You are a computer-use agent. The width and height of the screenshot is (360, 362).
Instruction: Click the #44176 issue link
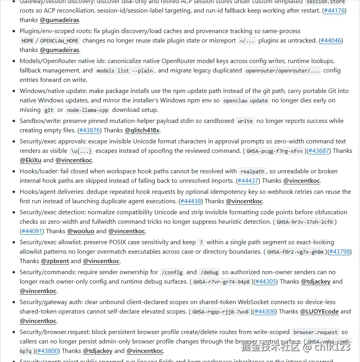pyautogui.click(x=334, y=11)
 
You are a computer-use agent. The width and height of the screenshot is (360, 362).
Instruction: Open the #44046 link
pyautogui.click(x=331, y=41)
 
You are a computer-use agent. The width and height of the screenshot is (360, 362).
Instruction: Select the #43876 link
pyautogui.click(x=90, y=130)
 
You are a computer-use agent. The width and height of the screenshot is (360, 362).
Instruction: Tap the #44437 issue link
pyautogui.click(x=248, y=181)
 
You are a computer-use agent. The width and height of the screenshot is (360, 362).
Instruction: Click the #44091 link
pyautogui.click(x=32, y=231)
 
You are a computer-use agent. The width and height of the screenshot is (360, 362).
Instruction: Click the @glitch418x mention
pyautogui.click(x=142, y=130)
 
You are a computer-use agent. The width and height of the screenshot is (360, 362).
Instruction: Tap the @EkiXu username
pyautogui.click(x=30, y=160)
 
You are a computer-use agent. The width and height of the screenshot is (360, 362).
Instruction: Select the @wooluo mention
pyautogui.click(x=81, y=231)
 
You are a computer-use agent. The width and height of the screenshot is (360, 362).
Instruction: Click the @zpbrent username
pyautogui.click(x=55, y=261)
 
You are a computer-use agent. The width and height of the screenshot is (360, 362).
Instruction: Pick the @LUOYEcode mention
pyautogui.click(x=319, y=312)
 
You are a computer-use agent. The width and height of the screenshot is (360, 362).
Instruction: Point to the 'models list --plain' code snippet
pyautogui.click(x=124, y=71)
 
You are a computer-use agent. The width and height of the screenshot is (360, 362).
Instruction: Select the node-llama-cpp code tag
pyautogui.click(x=87, y=110)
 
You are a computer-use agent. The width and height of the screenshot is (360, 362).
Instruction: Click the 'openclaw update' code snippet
pyautogui.click(x=246, y=101)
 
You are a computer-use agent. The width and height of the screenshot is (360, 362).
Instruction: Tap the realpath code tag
pyautogui.click(x=252, y=172)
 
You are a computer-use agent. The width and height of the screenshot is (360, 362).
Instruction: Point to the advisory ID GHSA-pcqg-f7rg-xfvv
pyautogui.click(x=274, y=151)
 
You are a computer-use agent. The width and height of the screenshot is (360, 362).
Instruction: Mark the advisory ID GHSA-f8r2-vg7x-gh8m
pyautogui.click(x=295, y=252)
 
